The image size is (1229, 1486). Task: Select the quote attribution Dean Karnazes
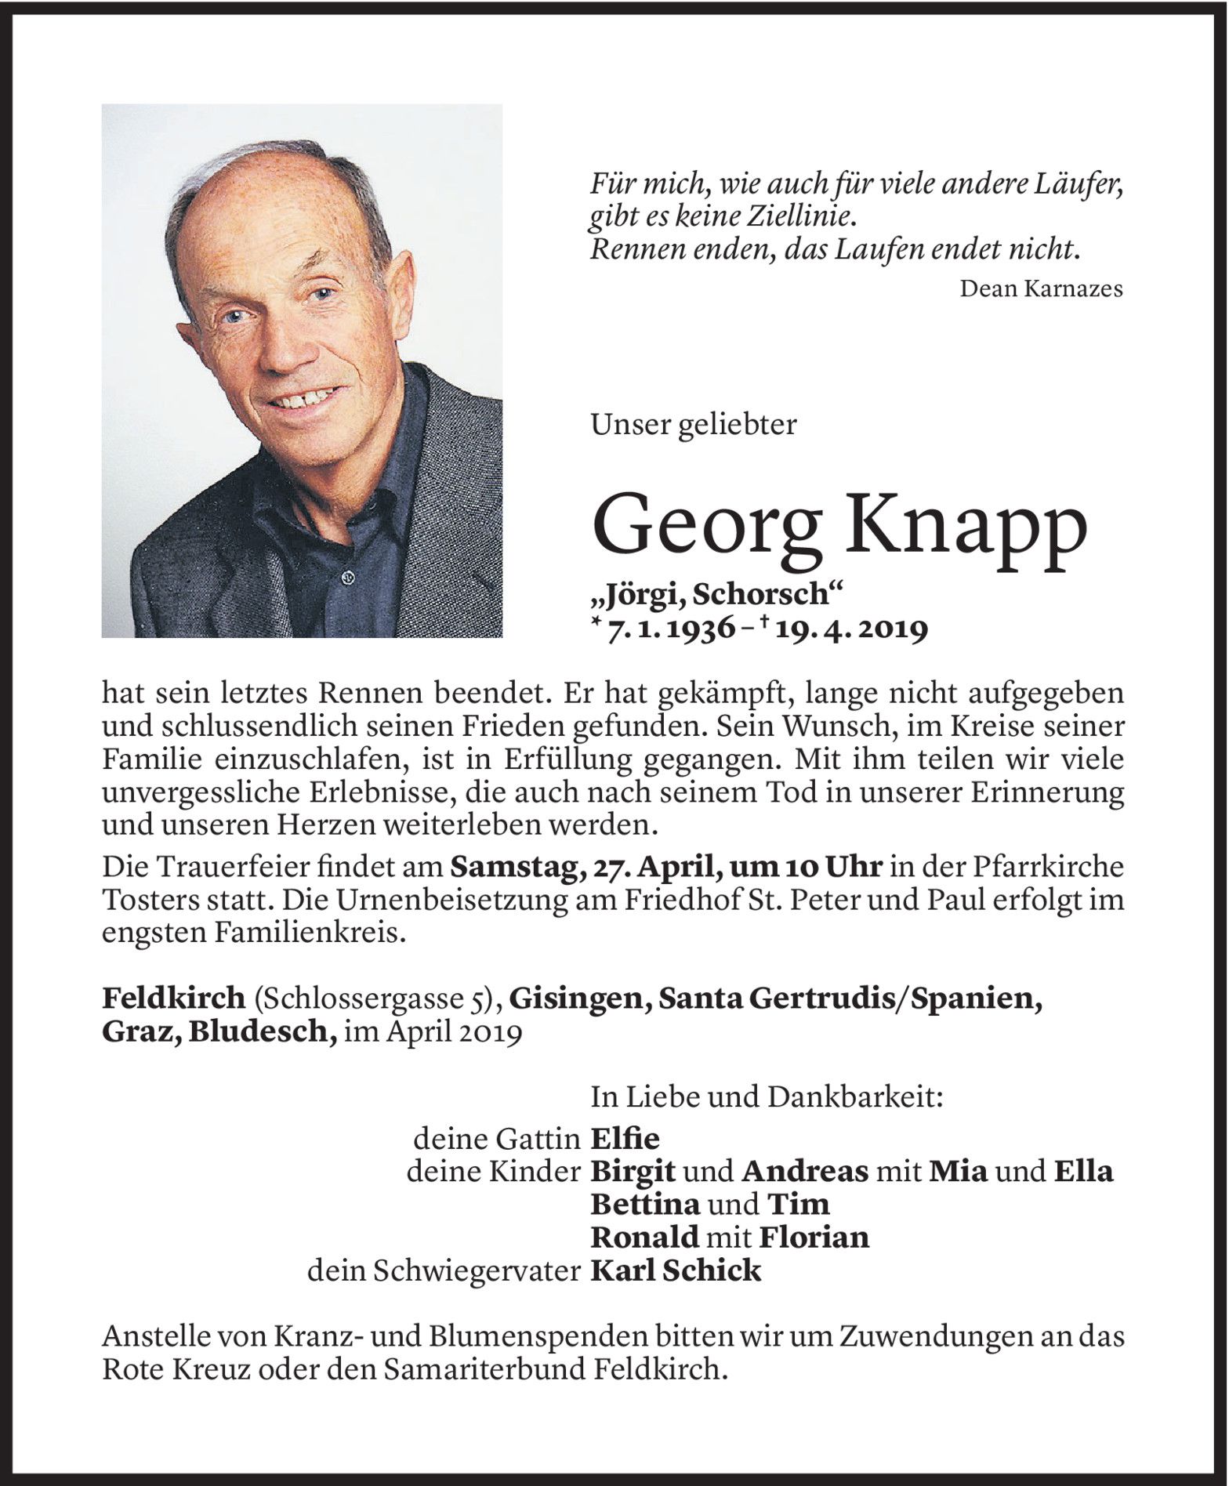point(1041,289)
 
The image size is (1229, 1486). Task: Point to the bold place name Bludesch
point(270,1031)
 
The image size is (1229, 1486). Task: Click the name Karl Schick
point(676,1271)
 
